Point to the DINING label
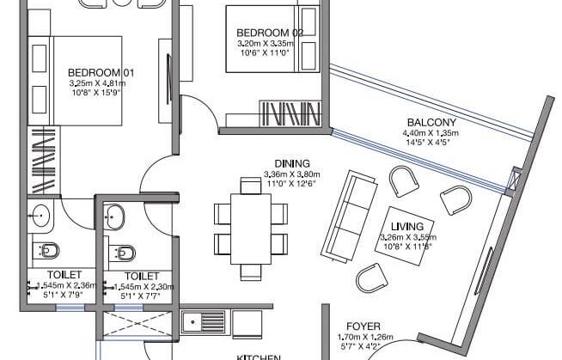291,163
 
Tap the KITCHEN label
258,355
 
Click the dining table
249,226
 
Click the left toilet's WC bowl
47,251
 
